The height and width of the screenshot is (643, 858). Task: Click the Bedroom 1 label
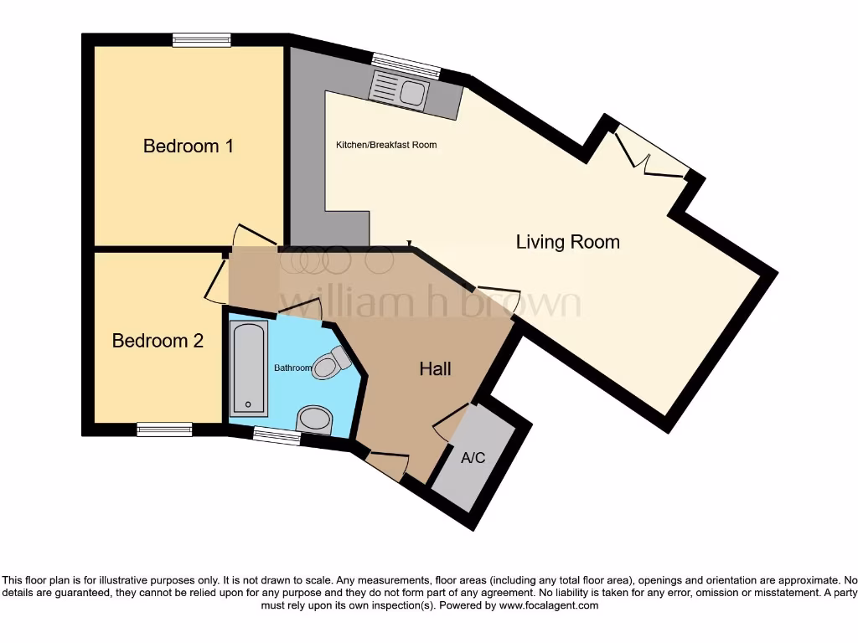(x=189, y=146)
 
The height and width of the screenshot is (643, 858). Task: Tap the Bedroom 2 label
(x=158, y=341)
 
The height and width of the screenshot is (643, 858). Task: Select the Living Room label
(x=568, y=242)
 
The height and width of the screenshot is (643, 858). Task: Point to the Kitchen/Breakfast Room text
(x=386, y=145)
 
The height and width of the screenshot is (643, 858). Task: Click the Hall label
(x=436, y=368)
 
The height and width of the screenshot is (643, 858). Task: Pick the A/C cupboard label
(x=473, y=458)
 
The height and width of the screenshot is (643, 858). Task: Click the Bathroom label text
(x=292, y=368)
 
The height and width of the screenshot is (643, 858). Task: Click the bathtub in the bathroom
(x=249, y=368)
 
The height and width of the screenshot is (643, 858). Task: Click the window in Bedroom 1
(x=201, y=40)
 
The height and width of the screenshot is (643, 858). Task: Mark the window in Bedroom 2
(x=165, y=430)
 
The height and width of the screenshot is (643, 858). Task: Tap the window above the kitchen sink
(x=406, y=66)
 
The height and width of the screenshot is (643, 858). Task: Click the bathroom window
(x=277, y=435)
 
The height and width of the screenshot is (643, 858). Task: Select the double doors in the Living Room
(x=650, y=153)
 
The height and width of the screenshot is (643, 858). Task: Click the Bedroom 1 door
(x=255, y=235)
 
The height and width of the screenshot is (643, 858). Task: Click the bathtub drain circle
(x=248, y=405)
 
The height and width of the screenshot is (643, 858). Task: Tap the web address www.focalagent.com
(x=549, y=606)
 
